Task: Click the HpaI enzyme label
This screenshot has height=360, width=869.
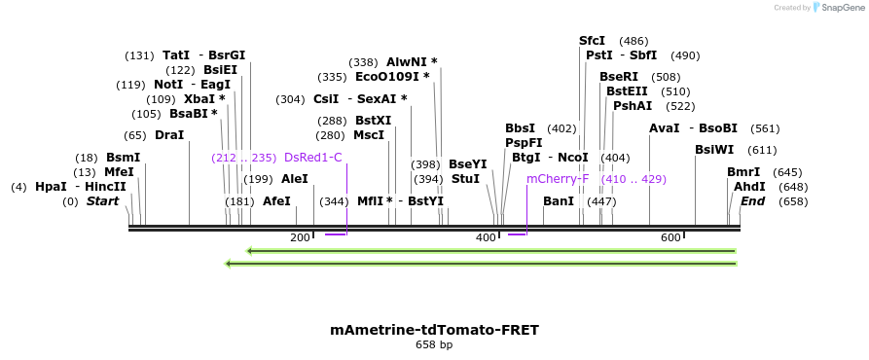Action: click(50, 186)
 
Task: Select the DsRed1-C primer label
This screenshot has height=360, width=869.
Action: click(312, 157)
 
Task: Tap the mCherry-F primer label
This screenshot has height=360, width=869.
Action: click(558, 179)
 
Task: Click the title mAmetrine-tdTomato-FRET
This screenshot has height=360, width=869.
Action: click(434, 330)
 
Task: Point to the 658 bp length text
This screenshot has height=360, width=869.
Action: click(434, 344)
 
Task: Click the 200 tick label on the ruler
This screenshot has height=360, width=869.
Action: click(300, 237)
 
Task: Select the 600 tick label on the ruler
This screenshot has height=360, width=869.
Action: click(670, 237)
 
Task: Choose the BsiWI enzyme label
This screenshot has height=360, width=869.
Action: click(714, 150)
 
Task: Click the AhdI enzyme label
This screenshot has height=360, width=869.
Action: click(749, 186)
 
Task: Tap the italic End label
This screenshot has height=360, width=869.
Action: click(752, 201)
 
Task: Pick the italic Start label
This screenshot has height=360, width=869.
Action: click(102, 201)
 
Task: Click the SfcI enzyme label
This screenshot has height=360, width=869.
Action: click(592, 41)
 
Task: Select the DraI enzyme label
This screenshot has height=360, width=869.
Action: click(169, 135)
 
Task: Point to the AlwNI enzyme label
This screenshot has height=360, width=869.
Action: click(412, 61)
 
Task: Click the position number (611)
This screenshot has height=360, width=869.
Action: click(762, 150)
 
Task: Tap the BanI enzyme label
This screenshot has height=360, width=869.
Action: click(558, 201)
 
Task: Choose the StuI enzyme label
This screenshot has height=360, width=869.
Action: click(465, 179)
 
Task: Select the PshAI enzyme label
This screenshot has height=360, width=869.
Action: click(632, 105)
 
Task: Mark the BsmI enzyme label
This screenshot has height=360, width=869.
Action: click(123, 157)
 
